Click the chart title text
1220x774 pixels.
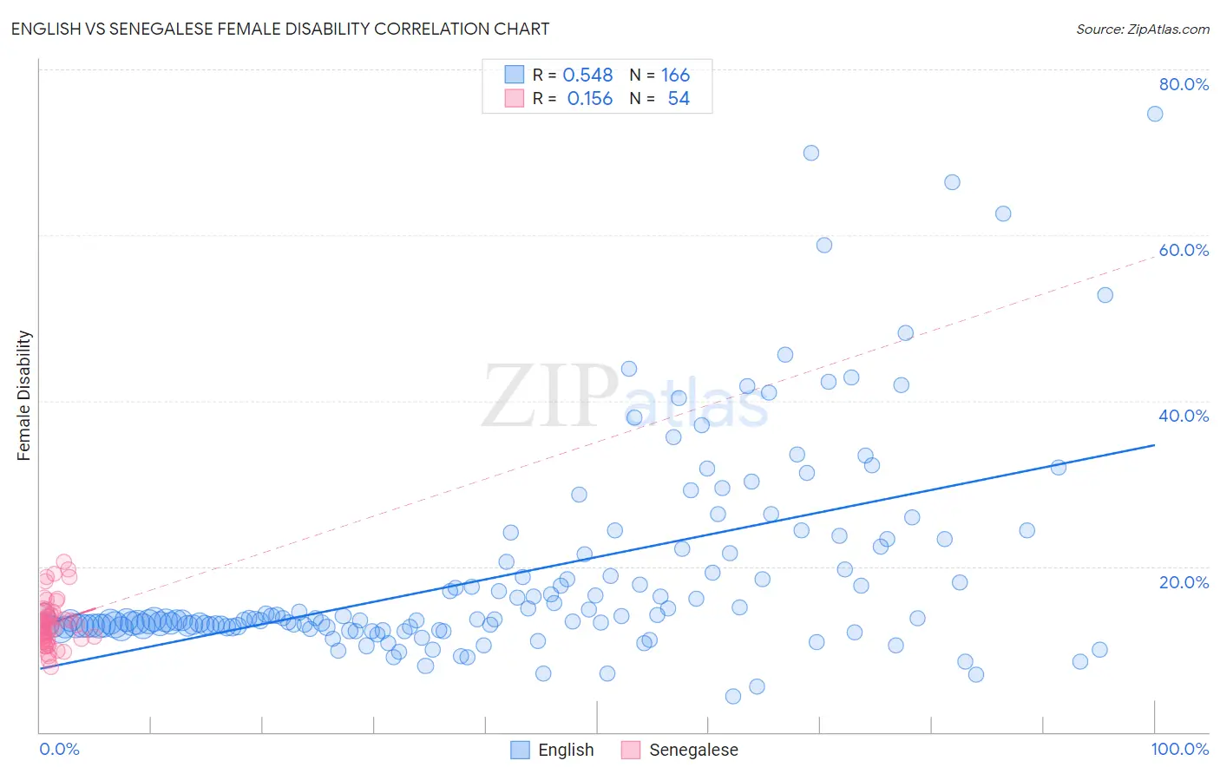tap(279, 29)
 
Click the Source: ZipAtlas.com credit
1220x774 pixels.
tap(1142, 30)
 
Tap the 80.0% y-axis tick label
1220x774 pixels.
tap(1184, 84)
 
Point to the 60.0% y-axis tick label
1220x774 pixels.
tap(1184, 250)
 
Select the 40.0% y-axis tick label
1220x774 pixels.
tap(1184, 416)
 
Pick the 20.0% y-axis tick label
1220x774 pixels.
tap(1184, 582)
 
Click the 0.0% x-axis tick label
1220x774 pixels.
tap(59, 749)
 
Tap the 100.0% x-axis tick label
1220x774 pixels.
tap(1179, 749)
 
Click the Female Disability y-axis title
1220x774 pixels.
tap(24, 395)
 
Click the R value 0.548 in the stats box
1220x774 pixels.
tap(587, 75)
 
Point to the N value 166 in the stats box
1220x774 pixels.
tap(675, 75)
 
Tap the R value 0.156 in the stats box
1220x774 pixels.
tap(589, 99)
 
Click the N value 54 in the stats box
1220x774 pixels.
tap(679, 99)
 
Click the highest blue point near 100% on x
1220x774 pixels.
tap(1155, 114)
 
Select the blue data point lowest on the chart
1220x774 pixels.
tap(733, 696)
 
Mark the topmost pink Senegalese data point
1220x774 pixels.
tap(63, 561)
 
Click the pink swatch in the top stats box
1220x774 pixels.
tap(515, 98)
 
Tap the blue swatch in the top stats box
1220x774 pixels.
tap(515, 75)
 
